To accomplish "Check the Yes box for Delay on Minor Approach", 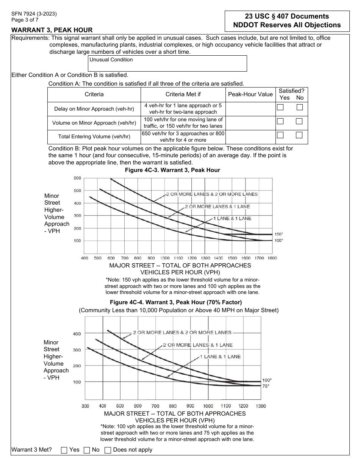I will tap(280, 107).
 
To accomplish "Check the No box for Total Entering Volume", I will tap(299, 135).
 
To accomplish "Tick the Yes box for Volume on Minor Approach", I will tap(280, 121).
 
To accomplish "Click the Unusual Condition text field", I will tap(167, 64).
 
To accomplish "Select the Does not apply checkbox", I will tap(108, 450).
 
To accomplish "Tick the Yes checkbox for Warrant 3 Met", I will tap(64, 450).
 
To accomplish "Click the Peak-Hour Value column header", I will tap(250, 94).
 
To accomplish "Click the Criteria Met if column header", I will tap(183, 94).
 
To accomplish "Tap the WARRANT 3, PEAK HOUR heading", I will tap(52, 30).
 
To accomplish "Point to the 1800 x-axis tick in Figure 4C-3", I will tap(272, 258).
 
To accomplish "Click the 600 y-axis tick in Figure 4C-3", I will tap(77, 178).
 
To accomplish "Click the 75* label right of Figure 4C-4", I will tap(266, 386).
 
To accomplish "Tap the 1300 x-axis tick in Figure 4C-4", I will tap(260, 406).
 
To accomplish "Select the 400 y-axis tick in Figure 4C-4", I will tap(77, 334).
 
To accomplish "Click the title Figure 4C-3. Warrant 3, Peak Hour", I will tap(172, 170).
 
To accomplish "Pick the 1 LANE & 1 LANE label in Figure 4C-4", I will tap(220, 357).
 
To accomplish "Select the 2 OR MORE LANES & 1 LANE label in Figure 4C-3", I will tap(217, 206).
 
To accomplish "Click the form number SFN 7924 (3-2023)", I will tap(34, 14).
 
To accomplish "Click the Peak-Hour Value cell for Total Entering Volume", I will tap(250, 137).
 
